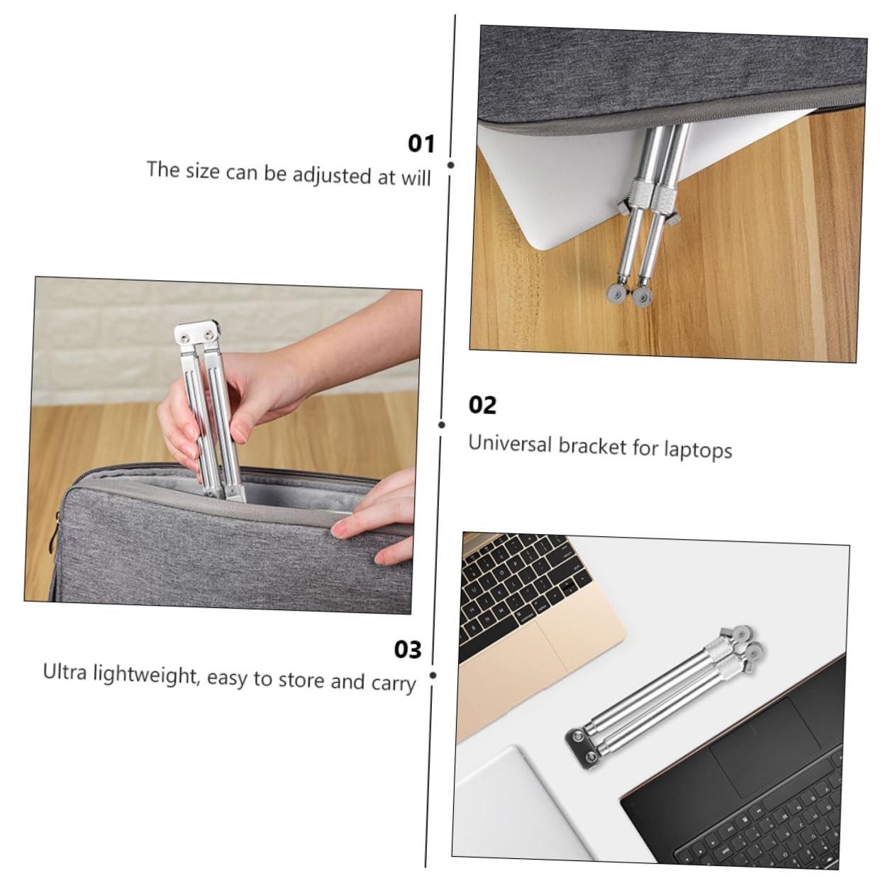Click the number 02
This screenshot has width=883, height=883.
[x=482, y=405]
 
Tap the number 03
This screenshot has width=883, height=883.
[x=408, y=649]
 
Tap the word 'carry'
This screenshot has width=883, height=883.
[x=393, y=684]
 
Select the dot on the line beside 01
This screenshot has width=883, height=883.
[x=451, y=165]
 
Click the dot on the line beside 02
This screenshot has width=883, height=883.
[x=442, y=425]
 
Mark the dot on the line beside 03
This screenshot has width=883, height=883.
[x=433, y=675]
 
